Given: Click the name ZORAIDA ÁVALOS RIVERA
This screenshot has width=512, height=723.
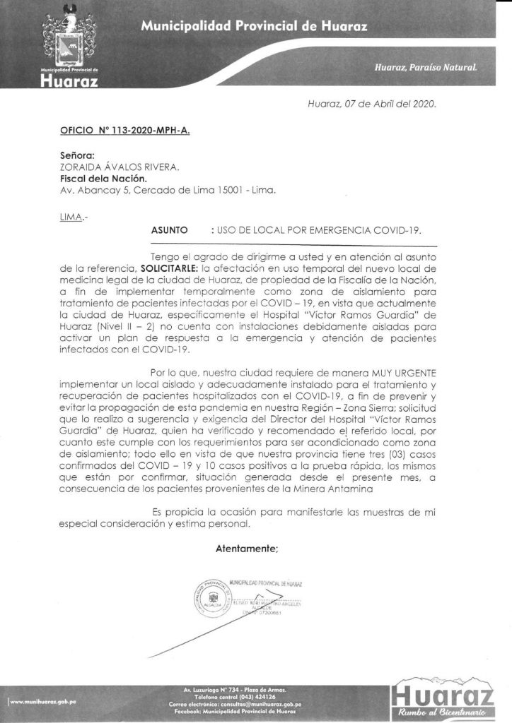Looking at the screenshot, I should [x=120, y=167].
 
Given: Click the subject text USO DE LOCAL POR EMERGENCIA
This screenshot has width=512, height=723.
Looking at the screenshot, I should [x=322, y=230].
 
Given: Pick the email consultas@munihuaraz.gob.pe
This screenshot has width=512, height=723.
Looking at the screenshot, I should [x=289, y=704].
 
